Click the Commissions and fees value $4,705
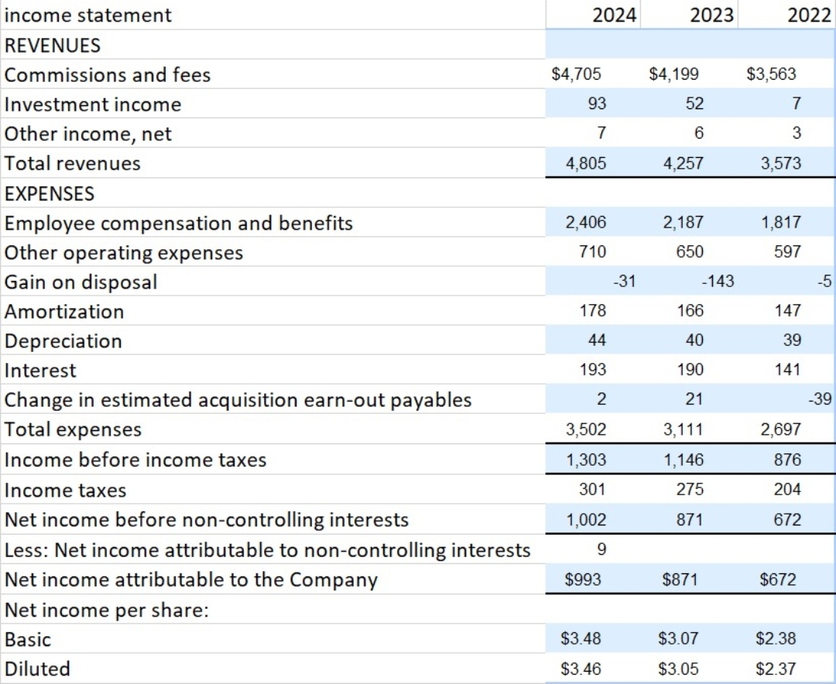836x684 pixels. pyautogui.click(x=577, y=74)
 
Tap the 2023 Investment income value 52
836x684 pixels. pyautogui.click(x=684, y=104)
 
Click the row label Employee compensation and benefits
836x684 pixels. pyautogui.click(x=179, y=224)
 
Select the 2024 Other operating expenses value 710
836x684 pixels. pyautogui.click(x=592, y=252)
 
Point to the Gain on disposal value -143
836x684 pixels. pyautogui.click(x=718, y=282)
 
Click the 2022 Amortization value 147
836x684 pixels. pyautogui.click(x=787, y=311)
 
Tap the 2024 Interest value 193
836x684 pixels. pyautogui.click(x=592, y=370)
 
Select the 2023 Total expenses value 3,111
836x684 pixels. pyautogui.click(x=684, y=429)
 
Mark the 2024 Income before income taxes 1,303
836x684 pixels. pyautogui.click(x=586, y=460)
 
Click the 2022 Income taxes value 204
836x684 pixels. pyautogui.click(x=787, y=489)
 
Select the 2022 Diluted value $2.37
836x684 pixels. pyautogui.click(x=775, y=669)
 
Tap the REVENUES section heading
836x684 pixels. pyautogui.click(x=53, y=45)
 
